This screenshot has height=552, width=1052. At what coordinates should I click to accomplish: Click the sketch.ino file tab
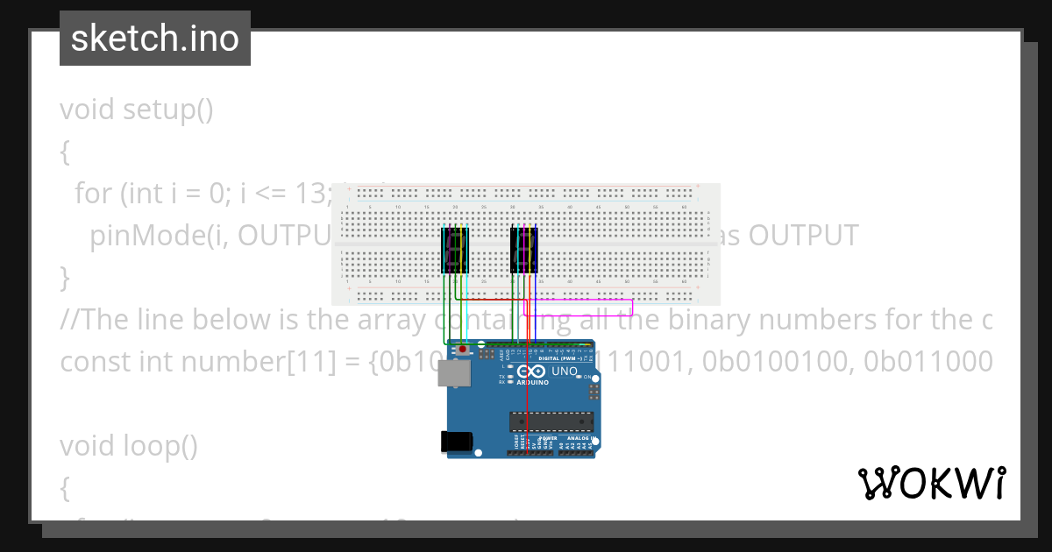click(x=154, y=39)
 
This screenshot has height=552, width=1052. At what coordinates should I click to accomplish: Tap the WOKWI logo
click(x=931, y=484)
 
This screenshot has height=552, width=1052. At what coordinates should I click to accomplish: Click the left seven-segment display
click(x=454, y=250)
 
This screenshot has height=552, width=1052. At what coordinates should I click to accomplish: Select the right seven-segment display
click(x=524, y=250)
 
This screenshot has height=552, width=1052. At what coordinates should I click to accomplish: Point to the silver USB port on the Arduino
click(x=453, y=374)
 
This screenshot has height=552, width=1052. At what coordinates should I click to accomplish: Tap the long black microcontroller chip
click(x=551, y=421)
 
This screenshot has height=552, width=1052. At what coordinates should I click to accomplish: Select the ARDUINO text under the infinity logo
click(x=532, y=383)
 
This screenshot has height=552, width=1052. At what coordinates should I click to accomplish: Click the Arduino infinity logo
click(x=531, y=372)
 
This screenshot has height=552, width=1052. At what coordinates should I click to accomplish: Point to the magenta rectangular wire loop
click(x=579, y=308)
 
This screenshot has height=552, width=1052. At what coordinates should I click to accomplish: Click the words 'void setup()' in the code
click(x=137, y=110)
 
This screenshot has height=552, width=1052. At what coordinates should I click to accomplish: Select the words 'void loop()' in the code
click(x=128, y=446)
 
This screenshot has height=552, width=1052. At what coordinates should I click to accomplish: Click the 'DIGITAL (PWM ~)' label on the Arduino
click(x=561, y=358)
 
